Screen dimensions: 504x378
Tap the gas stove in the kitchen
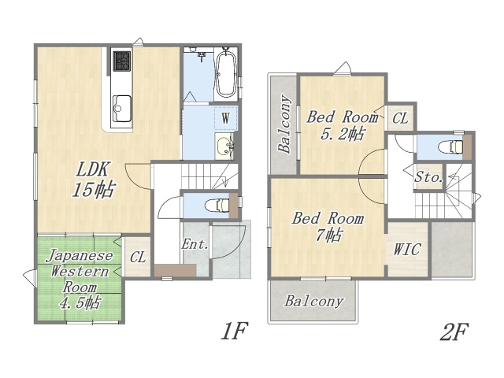122,61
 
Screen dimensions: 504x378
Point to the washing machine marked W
226,118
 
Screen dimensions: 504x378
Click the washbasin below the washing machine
224,146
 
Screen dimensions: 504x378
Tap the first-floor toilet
217,206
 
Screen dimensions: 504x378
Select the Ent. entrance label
195,244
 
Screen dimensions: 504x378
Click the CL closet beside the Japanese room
139,257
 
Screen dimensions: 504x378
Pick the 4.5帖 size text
80,302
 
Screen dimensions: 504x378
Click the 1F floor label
235,331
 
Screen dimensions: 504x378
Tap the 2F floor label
454,331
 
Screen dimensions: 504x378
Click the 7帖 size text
328,235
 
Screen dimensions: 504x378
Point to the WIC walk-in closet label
407,250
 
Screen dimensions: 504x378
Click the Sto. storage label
428,176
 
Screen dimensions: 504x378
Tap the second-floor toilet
450,146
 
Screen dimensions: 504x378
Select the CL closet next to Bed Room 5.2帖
400,118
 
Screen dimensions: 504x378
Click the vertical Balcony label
285,124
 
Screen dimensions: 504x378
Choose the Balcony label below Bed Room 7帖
314,302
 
